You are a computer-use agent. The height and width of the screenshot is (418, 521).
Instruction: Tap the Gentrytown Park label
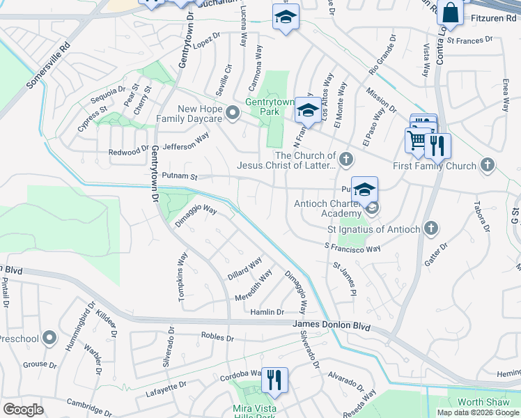point(262,107)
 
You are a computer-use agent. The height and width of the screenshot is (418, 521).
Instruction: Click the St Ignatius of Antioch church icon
point(432,229)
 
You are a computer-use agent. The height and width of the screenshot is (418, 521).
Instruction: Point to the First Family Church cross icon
point(488,165)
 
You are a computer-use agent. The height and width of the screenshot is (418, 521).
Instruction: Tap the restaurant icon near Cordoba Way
point(274,380)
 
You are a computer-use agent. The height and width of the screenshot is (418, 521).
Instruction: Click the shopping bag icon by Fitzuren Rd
point(451,13)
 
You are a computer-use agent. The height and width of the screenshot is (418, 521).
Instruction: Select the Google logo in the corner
point(23,410)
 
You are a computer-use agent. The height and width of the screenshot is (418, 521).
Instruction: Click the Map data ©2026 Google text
point(478,412)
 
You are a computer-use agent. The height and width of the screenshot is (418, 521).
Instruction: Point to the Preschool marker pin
point(49,339)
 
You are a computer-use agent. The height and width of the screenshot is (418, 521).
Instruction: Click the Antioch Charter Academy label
point(327,209)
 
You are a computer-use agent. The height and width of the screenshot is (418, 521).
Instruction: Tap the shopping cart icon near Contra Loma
point(417,140)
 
